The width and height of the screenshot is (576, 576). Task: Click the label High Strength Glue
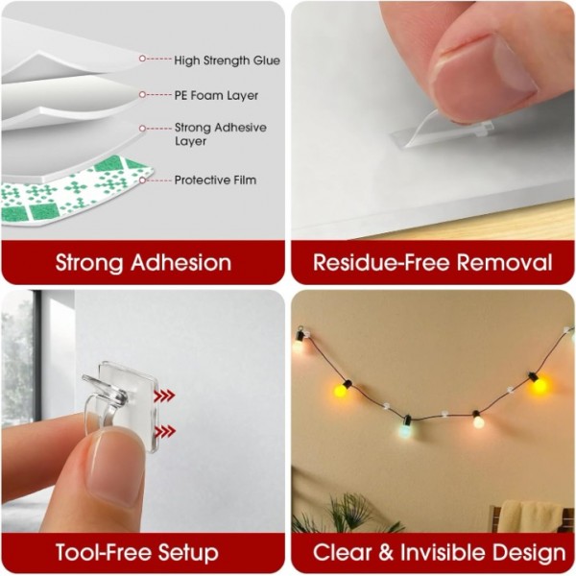(227, 60)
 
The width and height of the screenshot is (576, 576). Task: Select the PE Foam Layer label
(216, 96)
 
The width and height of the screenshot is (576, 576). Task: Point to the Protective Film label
(215, 180)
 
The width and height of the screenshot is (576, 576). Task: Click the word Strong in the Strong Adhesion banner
(92, 262)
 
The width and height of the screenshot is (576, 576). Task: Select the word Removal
(505, 262)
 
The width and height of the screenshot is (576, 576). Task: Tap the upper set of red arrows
(166, 395)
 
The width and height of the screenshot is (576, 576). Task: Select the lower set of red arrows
(166, 431)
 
